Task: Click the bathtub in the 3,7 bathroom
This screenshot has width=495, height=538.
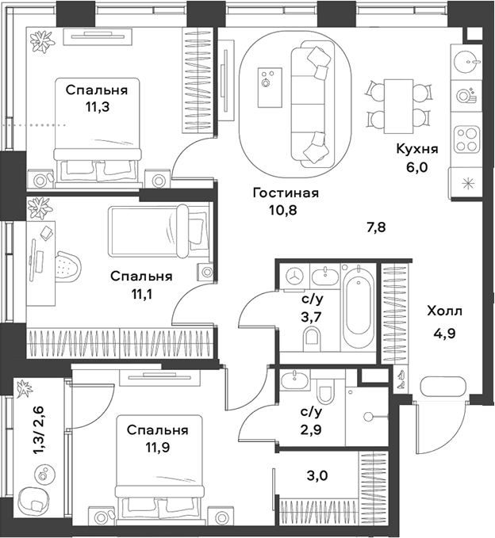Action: point(359,308)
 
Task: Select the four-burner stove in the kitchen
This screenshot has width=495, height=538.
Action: point(465,140)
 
